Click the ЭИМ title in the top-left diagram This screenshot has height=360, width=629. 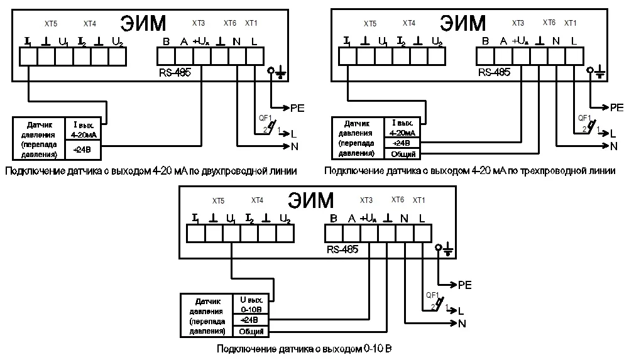tap(143, 23)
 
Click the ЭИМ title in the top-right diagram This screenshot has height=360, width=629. tap(463, 23)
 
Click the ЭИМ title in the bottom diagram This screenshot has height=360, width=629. tap(312, 200)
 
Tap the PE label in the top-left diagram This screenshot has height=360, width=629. tap(297, 108)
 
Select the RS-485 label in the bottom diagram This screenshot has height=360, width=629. tap(342, 249)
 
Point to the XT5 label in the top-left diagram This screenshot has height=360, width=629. tap(50, 24)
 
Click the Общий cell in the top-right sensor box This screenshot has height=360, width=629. tap(403, 154)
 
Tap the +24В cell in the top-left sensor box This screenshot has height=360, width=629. tap(84, 150)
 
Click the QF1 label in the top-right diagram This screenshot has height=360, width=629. tap(584, 117)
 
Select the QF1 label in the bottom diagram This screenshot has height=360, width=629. tap(432, 295)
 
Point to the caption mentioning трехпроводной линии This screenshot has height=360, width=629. tap(470, 171)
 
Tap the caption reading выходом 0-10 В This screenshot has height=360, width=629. tap(304, 349)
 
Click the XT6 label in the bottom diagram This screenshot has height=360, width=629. tap(397, 200)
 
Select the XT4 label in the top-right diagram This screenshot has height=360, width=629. tap(408, 23)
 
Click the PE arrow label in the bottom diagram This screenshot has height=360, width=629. tap(464, 285)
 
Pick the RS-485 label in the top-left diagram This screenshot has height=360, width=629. tap(175, 72)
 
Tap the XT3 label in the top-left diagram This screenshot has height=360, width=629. tap(198, 23)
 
